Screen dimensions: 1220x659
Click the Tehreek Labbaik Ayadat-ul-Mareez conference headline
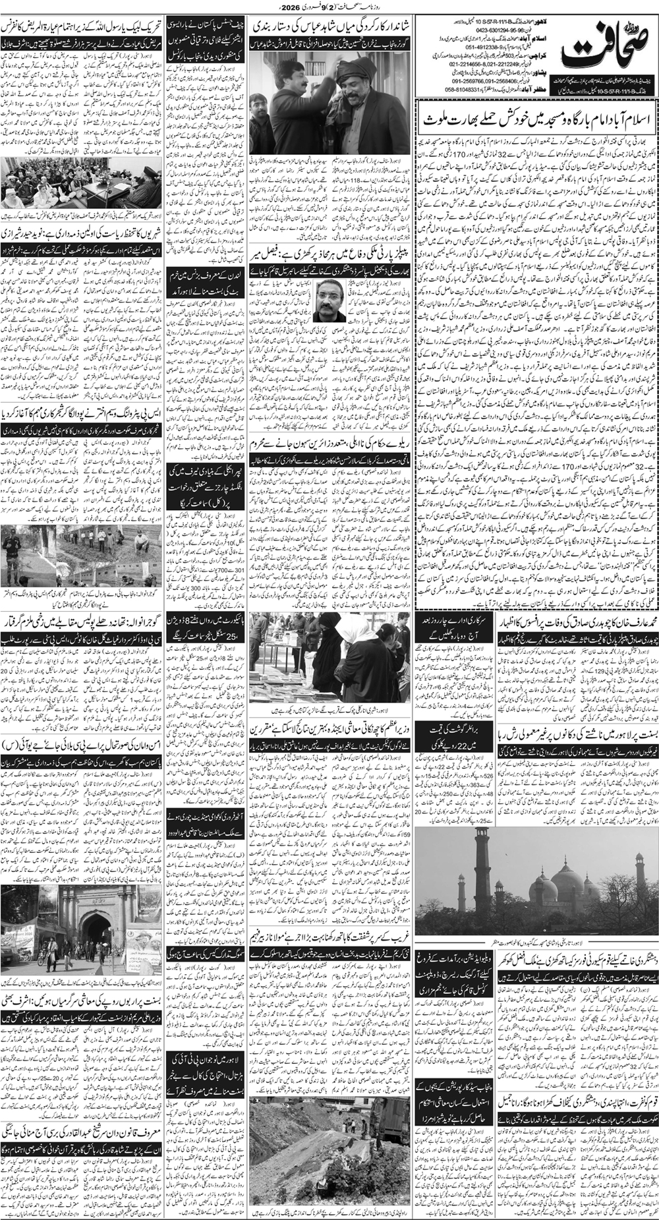click(x=83, y=32)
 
